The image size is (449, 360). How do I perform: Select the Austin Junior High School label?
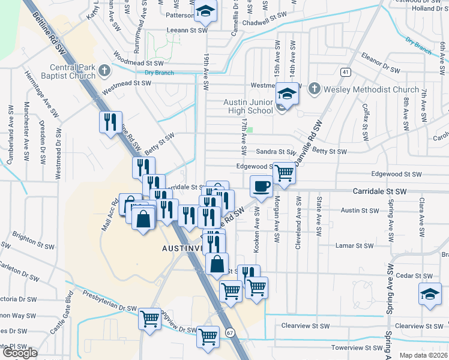click(x=249, y=106)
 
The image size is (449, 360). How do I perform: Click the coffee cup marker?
click(x=261, y=186)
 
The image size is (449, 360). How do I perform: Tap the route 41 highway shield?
click(x=345, y=72)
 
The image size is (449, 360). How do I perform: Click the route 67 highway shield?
click(x=231, y=332)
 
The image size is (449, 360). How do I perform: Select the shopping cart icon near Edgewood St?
click(x=284, y=173)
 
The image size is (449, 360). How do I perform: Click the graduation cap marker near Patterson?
click(x=205, y=11)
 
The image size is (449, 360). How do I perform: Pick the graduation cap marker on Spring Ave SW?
click(x=429, y=295)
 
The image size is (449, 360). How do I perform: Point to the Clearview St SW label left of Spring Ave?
click(x=306, y=326)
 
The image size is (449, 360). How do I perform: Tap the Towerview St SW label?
click(x=357, y=348)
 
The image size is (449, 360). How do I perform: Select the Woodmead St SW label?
click(x=139, y=62)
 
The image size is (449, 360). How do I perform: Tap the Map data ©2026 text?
click(x=423, y=355)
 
